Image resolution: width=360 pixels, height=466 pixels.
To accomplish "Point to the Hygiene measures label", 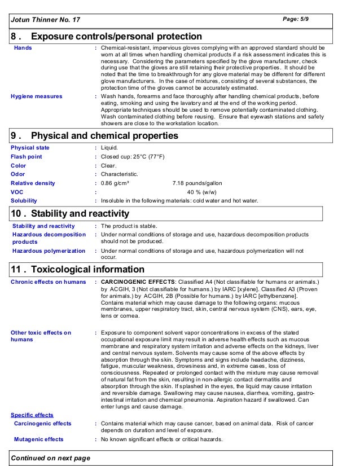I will click(37, 96).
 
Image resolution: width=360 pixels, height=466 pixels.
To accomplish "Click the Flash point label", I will click(27, 157).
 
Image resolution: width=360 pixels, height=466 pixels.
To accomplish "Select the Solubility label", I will click(24, 200).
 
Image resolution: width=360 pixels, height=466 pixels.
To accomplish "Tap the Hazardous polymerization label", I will click(49, 250).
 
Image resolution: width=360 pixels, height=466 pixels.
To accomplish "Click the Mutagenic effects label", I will click(39, 439).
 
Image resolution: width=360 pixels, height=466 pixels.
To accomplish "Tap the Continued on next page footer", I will click(51, 458).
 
